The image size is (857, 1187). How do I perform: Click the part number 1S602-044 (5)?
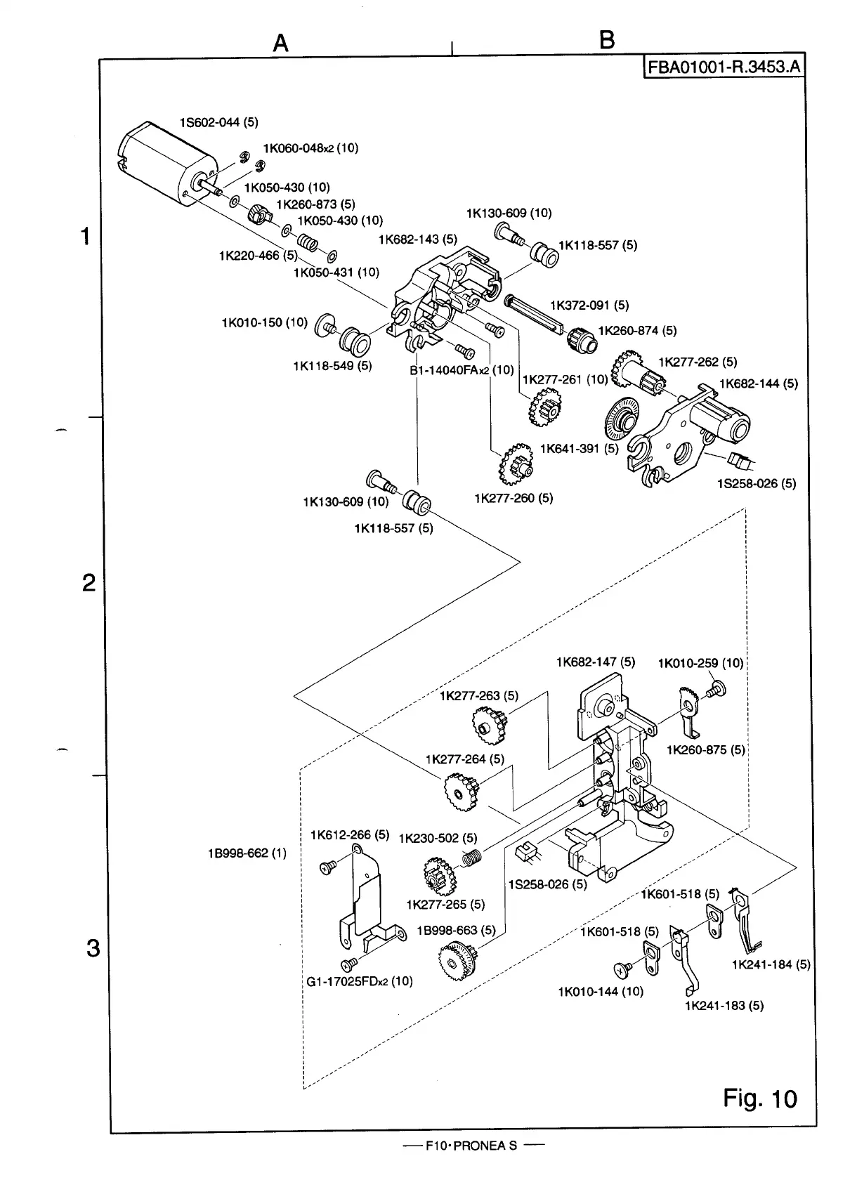[x=219, y=123]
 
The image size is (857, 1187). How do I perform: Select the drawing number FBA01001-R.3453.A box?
[x=724, y=67]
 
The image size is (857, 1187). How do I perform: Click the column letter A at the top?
[x=280, y=43]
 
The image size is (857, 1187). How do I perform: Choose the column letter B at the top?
[x=607, y=40]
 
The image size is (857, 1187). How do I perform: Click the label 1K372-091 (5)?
[x=589, y=306]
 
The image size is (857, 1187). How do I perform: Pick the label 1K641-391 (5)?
[x=580, y=449]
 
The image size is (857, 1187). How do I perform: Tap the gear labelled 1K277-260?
[x=516, y=465]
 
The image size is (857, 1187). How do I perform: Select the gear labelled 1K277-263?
[x=489, y=726]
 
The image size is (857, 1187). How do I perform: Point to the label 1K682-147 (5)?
[x=595, y=662]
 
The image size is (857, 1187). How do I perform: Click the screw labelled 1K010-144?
[x=623, y=970]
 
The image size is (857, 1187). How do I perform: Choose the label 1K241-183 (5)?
[x=724, y=1006]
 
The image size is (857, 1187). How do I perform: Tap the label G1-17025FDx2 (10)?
[x=360, y=981]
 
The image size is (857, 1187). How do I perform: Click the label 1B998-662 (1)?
[x=247, y=853]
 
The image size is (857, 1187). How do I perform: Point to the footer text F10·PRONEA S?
[x=471, y=1146]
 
